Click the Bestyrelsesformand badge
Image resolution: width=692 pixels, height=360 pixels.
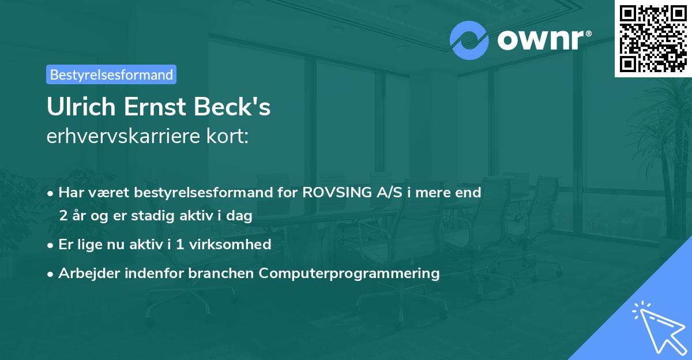click(x=111, y=74)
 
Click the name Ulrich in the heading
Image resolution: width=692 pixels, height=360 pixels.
click(x=81, y=107)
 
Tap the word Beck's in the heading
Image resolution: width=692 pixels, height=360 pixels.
click(x=232, y=107)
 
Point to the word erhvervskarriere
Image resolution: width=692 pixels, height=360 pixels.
click(x=123, y=136)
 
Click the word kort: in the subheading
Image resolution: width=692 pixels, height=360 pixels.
click(x=227, y=136)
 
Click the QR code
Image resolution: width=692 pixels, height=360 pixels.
click(x=653, y=39)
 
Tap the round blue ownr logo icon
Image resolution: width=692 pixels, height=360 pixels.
click(x=469, y=40)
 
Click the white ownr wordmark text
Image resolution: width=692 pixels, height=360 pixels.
click(x=541, y=40)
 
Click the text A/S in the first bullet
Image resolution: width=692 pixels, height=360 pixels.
click(x=389, y=192)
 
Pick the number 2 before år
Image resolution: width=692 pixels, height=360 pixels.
click(x=63, y=216)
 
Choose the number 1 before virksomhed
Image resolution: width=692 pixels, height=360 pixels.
click(x=180, y=245)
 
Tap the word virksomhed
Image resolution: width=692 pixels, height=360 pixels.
click(x=230, y=244)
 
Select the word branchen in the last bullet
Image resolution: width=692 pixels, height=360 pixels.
click(x=221, y=273)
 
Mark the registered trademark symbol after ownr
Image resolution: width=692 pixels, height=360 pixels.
click(x=588, y=33)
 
